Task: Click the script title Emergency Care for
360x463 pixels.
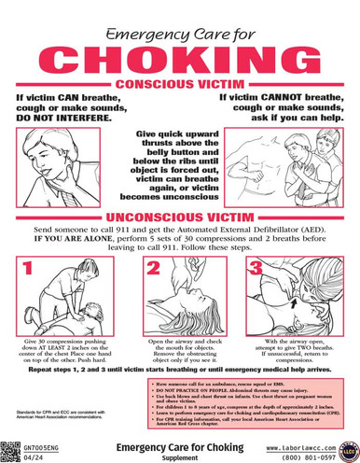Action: (179, 34)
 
